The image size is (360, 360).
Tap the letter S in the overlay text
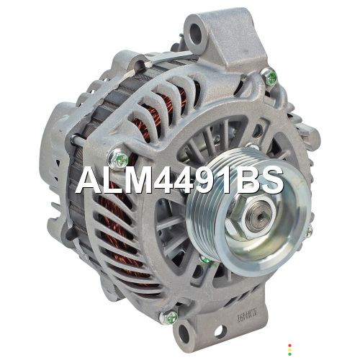point(271,180)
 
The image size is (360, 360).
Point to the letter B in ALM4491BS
point(248,180)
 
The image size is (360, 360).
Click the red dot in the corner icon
point(290,346)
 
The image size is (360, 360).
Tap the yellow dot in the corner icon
point(290,350)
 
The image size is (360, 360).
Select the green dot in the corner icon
point(290,354)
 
